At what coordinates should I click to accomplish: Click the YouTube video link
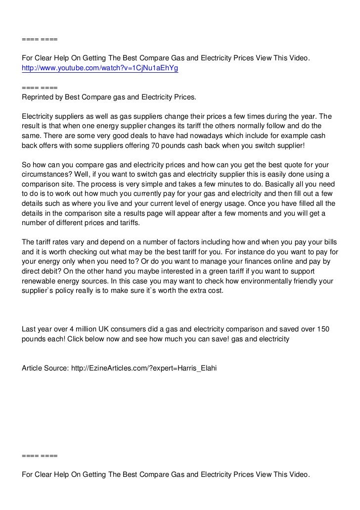[x=99, y=69]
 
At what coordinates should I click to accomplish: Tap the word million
[x=85, y=329]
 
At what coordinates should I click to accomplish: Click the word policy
[x=68, y=291]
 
